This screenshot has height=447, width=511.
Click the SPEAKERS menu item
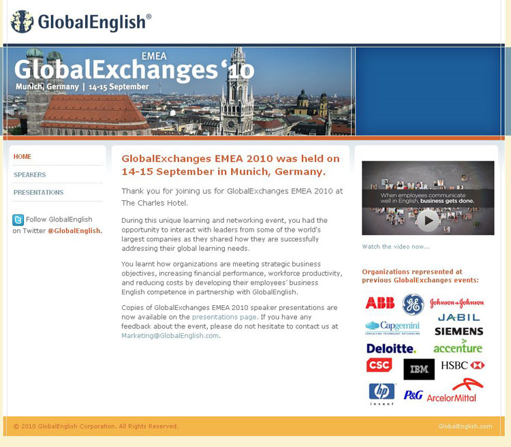[30, 174]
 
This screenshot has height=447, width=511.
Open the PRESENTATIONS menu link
[38, 192]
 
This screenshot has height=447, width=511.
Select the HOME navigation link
[22, 157]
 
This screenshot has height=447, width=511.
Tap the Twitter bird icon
[18, 220]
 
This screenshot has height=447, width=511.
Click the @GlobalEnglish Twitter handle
[75, 231]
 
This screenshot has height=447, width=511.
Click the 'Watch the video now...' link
[396, 247]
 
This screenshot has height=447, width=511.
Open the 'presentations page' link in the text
[224, 317]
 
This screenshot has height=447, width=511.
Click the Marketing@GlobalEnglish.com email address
[170, 335]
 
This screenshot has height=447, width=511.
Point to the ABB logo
[380, 303]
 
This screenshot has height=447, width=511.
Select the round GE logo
[413, 305]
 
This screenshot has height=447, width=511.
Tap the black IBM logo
[419, 369]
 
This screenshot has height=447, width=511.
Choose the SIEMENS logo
[459, 331]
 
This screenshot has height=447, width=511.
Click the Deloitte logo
[391, 348]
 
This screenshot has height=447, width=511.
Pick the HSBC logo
[463, 365]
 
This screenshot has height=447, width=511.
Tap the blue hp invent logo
[382, 394]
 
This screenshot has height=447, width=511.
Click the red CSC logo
[379, 365]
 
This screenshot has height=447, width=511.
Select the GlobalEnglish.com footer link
[465, 426]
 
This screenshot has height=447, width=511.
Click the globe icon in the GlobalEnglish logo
[22, 22]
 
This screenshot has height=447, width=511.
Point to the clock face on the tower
[232, 124]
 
